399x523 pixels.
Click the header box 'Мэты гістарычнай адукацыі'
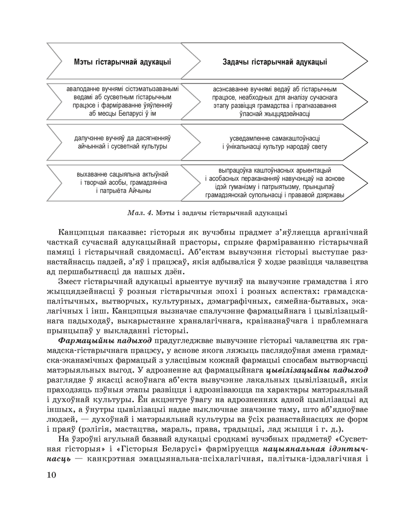[122, 62]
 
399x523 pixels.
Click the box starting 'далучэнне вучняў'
[122, 142]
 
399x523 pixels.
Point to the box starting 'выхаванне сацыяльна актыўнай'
[122, 182]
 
